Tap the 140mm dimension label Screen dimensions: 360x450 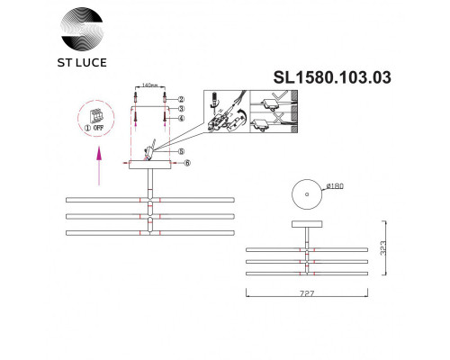(149, 86)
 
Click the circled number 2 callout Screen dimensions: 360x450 (180, 98)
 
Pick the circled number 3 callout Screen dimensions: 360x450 (180, 108)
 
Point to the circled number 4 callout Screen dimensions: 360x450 (180, 118)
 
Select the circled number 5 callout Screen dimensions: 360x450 (180, 151)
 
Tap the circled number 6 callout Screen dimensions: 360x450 (186, 163)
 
